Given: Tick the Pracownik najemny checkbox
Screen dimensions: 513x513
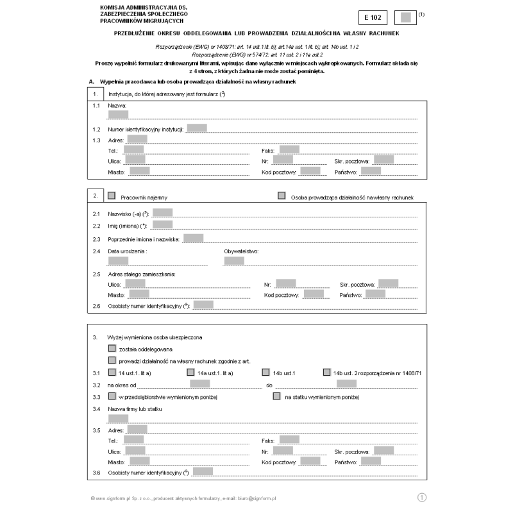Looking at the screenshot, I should pyautogui.click(x=112, y=196).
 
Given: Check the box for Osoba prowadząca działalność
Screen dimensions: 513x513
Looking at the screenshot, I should pyautogui.click(x=282, y=196).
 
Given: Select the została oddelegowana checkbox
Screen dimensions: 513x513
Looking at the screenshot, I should pyautogui.click(x=112, y=349).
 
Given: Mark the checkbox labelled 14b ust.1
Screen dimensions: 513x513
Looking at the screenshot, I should pyautogui.click(x=266, y=372).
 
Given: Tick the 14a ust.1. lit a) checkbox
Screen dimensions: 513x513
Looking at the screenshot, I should pyautogui.click(x=190, y=372).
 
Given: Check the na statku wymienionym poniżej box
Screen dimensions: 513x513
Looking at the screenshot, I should pyautogui.click(x=276, y=396).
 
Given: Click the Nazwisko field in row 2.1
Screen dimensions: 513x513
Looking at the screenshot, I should pyautogui.click(x=162, y=212).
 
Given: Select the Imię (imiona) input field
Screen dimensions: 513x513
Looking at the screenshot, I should pyautogui.click(x=162, y=224).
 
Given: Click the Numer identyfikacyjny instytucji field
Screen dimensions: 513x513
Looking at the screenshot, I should pyautogui.click(x=197, y=128).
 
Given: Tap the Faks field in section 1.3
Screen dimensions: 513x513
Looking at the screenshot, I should pyautogui.click(x=289, y=149).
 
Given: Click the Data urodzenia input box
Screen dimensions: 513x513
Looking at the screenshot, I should pyautogui.click(x=119, y=260).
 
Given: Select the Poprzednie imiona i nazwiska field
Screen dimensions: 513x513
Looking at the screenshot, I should pyautogui.click(x=193, y=238).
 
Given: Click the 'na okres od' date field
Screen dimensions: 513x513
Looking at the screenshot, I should pyautogui.click(x=200, y=384).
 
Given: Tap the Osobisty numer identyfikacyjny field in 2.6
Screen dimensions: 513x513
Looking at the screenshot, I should pyautogui.click(x=203, y=305).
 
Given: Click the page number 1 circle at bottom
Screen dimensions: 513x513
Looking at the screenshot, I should pyautogui.click(x=422, y=497).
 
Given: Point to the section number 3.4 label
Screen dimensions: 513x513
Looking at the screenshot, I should pyautogui.click(x=97, y=408).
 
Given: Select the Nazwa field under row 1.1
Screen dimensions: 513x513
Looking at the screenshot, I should pyautogui.click(x=119, y=115).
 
